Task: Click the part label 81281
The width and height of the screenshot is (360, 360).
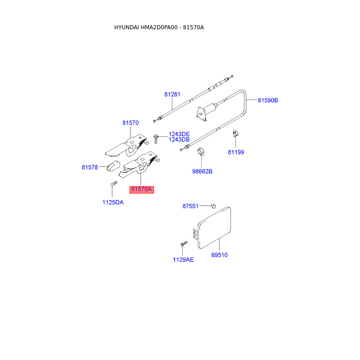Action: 172,94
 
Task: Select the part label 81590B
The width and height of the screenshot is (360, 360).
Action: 268,100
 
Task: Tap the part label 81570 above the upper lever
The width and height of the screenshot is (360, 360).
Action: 130,122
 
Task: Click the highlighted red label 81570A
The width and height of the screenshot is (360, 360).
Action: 142,190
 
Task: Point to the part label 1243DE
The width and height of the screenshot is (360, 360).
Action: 179,134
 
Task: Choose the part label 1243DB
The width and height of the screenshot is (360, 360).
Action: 179,140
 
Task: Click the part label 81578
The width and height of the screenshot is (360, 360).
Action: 90,167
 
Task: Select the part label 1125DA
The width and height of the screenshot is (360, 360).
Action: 112,202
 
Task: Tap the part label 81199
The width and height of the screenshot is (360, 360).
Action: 236,152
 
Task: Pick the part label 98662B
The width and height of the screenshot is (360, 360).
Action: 202,171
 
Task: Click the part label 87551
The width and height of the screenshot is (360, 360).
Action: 190,206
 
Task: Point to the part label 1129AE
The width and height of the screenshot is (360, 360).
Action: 183,260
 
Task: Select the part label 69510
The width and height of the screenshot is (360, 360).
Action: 220,255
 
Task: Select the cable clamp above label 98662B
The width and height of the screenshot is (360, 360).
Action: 201,153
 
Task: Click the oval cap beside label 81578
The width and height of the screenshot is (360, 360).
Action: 112,166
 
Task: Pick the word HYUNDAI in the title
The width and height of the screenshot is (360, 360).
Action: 126,27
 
